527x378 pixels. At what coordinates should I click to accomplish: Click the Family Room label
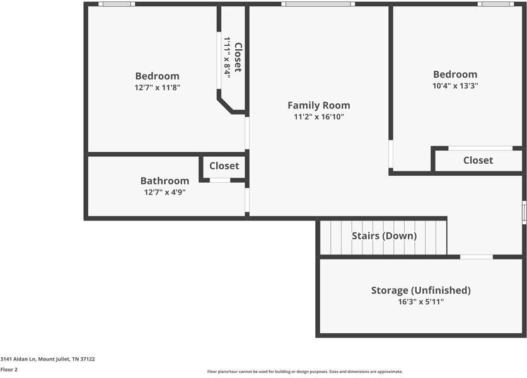pos(318,105)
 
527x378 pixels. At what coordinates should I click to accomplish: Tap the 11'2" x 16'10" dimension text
pos(319,117)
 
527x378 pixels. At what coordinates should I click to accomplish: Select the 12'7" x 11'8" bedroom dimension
pos(158,88)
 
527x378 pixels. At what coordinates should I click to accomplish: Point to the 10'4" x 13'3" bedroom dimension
pos(455,86)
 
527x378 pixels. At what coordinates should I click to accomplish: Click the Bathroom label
pos(165,181)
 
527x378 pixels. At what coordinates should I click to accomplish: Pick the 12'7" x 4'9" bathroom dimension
pos(165,193)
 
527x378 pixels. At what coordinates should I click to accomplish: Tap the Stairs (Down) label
pos(384,236)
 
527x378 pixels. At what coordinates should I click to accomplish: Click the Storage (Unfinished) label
pos(421,290)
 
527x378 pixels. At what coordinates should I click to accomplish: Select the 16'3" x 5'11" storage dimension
pos(421,302)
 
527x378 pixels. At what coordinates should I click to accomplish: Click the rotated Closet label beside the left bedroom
pos(238,57)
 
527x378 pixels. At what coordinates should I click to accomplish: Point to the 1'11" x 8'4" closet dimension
pos(228,57)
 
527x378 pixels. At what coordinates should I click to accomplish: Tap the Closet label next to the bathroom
pos(224,166)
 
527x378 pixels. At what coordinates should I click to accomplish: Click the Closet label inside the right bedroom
pos(478,160)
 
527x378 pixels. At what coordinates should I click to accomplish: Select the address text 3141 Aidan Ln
pos(18,359)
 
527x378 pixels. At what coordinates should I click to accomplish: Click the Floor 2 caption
pos(9,370)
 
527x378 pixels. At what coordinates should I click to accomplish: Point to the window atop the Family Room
pos(318,4)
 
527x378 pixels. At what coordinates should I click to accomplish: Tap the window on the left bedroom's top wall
pos(117,4)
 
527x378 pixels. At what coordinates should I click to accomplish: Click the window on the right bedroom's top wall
pos(495,4)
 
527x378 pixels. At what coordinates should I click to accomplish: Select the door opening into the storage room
pos(476,257)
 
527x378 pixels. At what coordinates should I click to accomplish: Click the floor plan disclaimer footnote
pos(305,372)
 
